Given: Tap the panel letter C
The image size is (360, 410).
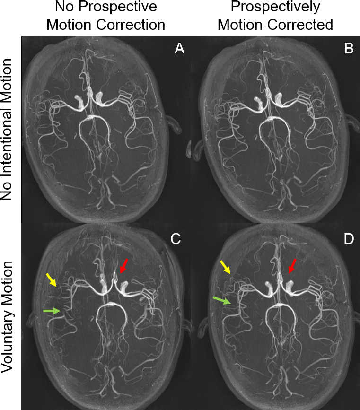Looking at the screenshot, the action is (x=176, y=239).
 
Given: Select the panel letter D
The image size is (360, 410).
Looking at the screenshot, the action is (x=349, y=239).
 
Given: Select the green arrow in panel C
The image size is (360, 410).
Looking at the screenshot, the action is (x=52, y=311).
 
